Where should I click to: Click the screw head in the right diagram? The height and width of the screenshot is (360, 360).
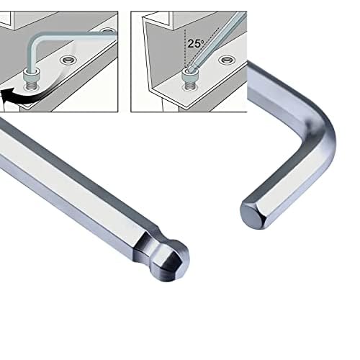[188, 72]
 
